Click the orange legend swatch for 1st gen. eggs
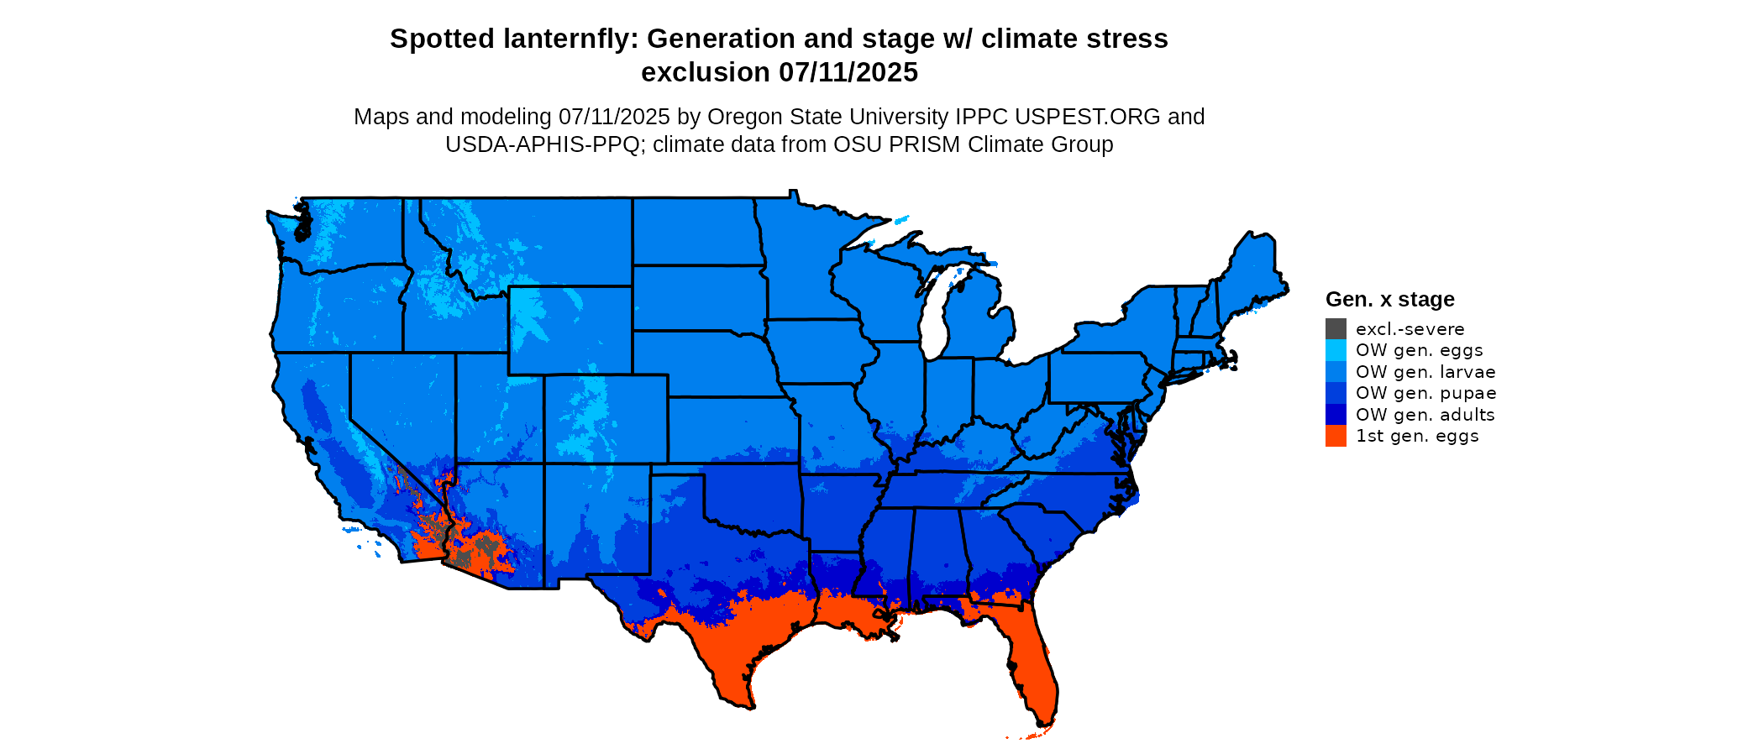click(1336, 436)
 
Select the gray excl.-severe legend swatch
click(1336, 329)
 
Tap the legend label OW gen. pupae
click(1425, 393)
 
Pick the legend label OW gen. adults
click(1425, 415)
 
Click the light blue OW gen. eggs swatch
click(1336, 350)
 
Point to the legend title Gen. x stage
click(1389, 299)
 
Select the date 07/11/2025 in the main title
click(848, 72)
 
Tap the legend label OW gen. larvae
click(1425, 372)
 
